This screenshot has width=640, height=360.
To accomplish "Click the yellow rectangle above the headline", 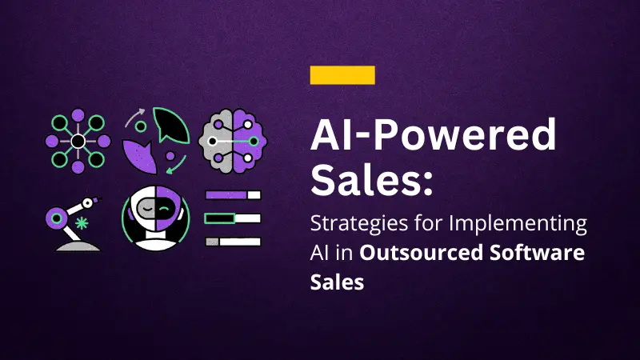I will (342, 75).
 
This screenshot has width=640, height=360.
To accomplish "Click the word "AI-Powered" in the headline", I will (433, 137).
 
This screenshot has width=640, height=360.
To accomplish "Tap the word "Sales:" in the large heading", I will (373, 180).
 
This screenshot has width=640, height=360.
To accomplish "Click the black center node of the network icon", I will (78, 142).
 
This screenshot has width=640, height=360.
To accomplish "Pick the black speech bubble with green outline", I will (170, 126).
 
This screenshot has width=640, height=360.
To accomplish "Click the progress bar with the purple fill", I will (233, 194).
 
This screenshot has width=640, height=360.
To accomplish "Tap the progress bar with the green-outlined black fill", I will (233, 218).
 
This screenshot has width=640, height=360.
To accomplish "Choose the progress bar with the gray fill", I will (233, 241).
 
